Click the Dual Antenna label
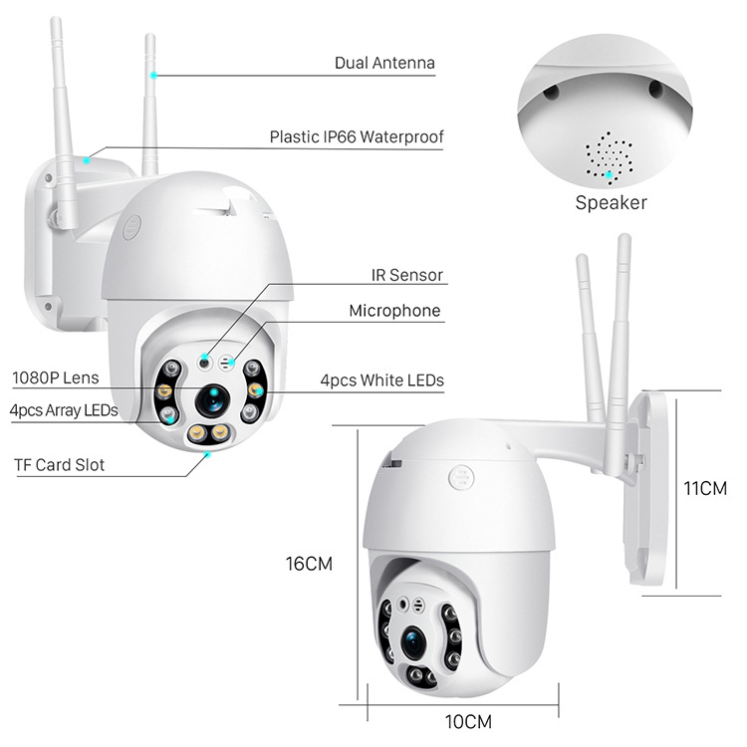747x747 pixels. click(384, 63)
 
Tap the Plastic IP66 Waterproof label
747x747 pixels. click(356, 136)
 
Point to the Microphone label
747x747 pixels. click(393, 311)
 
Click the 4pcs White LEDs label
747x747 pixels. click(381, 379)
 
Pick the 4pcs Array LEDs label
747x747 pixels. click(63, 409)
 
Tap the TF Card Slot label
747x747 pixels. click(59, 464)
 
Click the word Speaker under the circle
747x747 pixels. click(611, 203)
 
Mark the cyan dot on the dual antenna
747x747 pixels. click(153, 75)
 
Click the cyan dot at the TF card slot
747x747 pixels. click(207, 454)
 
